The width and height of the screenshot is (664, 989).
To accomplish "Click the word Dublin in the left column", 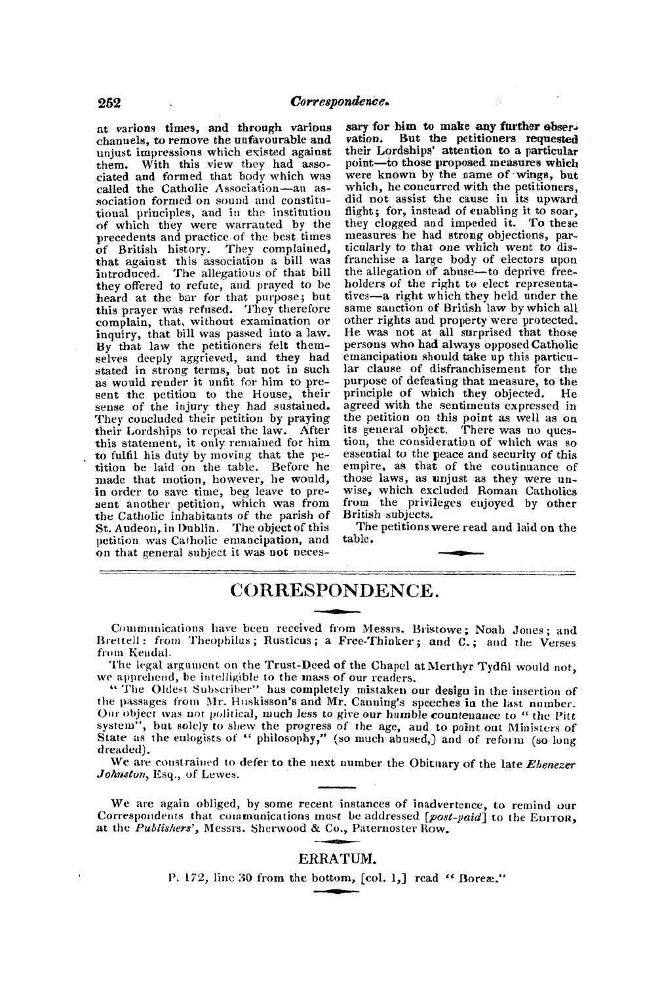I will [196, 527].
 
